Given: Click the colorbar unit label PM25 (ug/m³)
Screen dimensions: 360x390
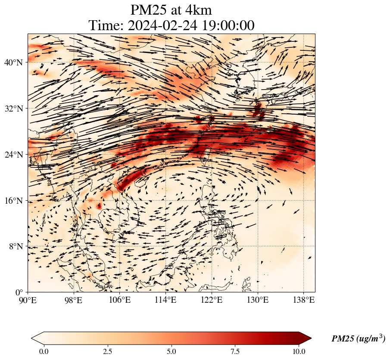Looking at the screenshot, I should tap(358, 339).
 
